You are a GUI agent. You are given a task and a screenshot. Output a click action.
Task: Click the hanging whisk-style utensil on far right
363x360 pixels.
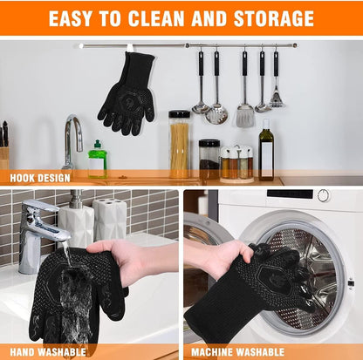tap(276, 83)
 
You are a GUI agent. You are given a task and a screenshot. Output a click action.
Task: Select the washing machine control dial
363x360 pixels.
tap(324, 195)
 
